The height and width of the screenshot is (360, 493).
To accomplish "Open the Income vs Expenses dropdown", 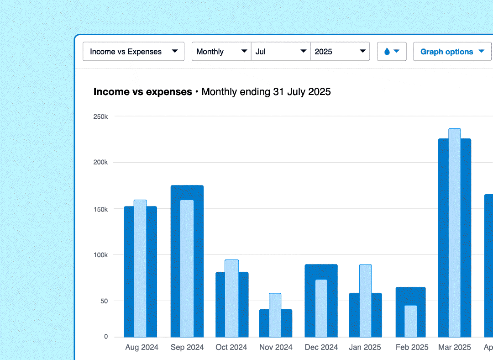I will tap(133, 52).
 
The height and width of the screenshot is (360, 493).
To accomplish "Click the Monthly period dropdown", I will tap(221, 52).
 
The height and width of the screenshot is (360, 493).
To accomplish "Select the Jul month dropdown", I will tap(280, 52).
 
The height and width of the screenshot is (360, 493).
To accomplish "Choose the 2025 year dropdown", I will tap(340, 52).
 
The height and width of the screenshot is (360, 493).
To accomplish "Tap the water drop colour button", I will tap(392, 52).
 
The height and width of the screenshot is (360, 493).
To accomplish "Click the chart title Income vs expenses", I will tap(142, 92).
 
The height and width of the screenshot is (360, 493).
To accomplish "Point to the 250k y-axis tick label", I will tap(100, 116).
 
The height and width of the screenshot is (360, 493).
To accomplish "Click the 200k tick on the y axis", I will tap(100, 162).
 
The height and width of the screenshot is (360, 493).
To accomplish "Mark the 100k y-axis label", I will tap(100, 254).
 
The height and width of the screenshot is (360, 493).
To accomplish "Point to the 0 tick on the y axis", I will tap(106, 337).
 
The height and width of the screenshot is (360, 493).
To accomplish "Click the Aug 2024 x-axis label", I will tap(142, 348).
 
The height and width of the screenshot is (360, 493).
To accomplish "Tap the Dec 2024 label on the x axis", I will tap(321, 348).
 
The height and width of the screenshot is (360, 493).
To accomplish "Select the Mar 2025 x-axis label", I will tap(454, 348).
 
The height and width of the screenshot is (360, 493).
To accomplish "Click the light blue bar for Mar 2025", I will tap(455, 233).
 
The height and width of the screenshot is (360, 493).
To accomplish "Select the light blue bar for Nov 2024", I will tap(275, 315).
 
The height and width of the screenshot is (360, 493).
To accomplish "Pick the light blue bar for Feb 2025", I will tap(410, 321).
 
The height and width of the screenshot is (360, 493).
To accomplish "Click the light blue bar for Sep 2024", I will tap(187, 269).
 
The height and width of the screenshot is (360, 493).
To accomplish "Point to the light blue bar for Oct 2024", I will tap(231, 298).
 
